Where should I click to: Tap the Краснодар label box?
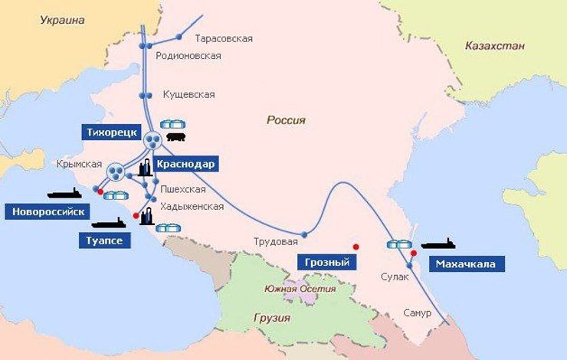[185, 164]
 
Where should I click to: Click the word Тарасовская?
[224, 38]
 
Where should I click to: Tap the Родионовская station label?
[188, 56]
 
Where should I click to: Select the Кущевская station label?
[188, 95]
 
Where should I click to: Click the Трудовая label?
[275, 242]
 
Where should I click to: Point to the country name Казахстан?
[494, 47]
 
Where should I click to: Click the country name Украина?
[61, 21]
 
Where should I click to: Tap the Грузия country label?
[271, 318]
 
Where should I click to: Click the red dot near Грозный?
[356, 246]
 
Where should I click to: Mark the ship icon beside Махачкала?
[438, 244]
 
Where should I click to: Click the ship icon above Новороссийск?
[64, 193]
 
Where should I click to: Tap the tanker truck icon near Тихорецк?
[176, 137]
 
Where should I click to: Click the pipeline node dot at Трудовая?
[304, 234]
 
